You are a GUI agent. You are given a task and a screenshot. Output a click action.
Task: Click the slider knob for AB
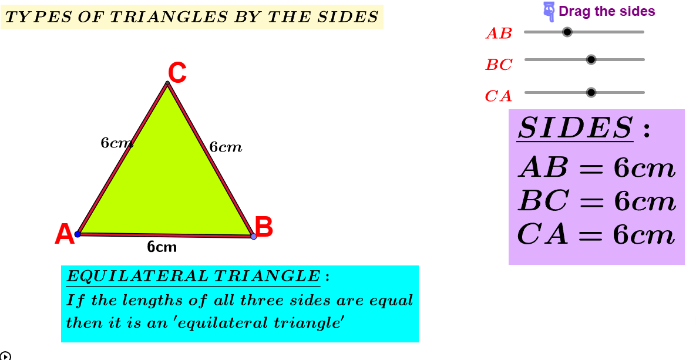[567, 32]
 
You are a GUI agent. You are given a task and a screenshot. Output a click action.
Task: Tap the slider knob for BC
[591, 59]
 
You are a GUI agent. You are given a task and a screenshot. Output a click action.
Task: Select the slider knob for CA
[591, 92]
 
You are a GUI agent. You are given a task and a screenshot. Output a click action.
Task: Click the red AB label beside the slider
[499, 33]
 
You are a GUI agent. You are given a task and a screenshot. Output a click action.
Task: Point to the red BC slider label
[499, 65]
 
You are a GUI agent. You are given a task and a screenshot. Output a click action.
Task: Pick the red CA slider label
[499, 96]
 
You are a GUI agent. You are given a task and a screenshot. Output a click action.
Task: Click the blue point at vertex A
[78, 234]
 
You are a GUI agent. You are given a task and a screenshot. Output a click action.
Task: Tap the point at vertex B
[254, 236]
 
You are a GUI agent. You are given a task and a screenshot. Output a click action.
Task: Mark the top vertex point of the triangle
[167, 83]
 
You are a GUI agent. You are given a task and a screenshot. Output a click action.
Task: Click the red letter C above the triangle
[177, 73]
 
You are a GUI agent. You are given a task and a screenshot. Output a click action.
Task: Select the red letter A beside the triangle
[65, 234]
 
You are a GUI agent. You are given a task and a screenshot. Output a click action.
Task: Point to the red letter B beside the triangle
[264, 227]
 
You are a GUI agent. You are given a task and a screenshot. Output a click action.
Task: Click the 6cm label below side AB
[162, 247]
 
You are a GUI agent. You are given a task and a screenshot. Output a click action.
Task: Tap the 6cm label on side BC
[226, 147]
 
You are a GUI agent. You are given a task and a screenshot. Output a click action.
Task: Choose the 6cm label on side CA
[117, 143]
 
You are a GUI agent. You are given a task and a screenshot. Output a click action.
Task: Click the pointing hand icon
[550, 12]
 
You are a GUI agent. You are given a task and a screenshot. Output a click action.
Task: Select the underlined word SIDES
[575, 128]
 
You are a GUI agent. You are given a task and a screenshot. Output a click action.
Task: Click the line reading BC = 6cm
[597, 201]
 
